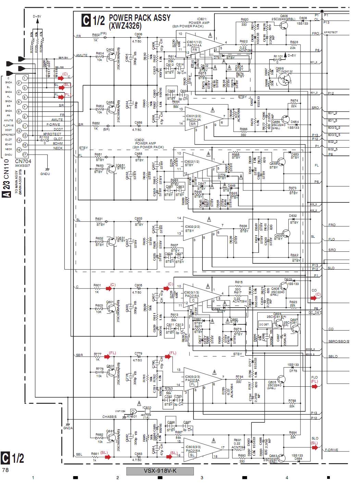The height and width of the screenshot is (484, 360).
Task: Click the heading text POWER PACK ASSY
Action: coord(139,18)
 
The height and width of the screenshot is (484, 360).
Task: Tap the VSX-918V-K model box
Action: coord(160,471)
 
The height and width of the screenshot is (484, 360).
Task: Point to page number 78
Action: coord(5,470)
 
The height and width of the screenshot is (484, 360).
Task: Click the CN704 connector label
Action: coord(23,161)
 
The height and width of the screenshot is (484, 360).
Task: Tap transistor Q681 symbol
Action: coord(111,437)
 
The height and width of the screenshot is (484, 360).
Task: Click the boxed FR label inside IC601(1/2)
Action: coord(195,50)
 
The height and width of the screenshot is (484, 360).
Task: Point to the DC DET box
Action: coord(264,324)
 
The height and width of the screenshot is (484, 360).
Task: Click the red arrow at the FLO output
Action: coord(314,386)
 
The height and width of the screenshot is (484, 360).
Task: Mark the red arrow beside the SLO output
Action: coord(314,448)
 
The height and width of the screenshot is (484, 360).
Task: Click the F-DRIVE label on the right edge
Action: coord(332,450)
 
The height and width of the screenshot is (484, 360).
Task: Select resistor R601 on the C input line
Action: coord(97,289)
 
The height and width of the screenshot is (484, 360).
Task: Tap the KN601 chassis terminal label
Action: coord(132,417)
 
